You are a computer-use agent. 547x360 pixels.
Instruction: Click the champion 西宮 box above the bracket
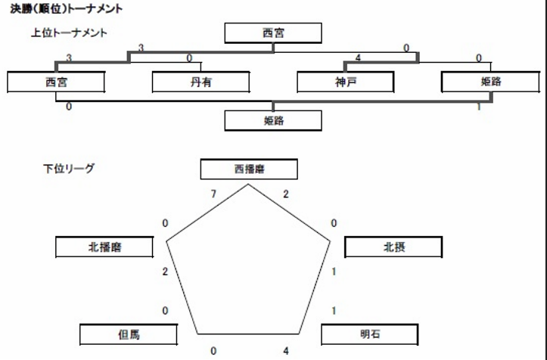[273, 33]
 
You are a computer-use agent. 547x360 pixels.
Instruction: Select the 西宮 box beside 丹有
[56, 82]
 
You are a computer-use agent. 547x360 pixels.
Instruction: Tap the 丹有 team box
[200, 82]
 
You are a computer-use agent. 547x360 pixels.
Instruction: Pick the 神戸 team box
[345, 82]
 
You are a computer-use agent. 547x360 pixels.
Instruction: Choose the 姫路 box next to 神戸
[490, 82]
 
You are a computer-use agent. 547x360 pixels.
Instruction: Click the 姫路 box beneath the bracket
[273, 121]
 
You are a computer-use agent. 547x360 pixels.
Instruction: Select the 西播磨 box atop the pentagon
[249, 169]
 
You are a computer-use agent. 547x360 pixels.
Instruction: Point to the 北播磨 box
[104, 247]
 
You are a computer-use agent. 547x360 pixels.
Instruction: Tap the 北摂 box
[393, 247]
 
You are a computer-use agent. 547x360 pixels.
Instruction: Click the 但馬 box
[129, 334]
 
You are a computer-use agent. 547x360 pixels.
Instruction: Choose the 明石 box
[369, 334]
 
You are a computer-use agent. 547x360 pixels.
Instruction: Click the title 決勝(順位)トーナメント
[67, 8]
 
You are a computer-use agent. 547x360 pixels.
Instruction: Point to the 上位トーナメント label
[69, 33]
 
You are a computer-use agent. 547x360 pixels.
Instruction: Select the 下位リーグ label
[69, 169]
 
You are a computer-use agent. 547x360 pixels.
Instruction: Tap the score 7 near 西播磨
[213, 194]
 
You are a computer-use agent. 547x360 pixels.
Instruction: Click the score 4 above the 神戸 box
[358, 58]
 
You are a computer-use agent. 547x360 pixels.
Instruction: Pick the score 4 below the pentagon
[286, 351]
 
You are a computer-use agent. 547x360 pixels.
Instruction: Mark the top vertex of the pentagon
[248, 185]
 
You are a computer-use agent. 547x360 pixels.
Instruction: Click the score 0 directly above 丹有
[189, 58]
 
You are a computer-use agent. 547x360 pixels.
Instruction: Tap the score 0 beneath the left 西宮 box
[69, 107]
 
